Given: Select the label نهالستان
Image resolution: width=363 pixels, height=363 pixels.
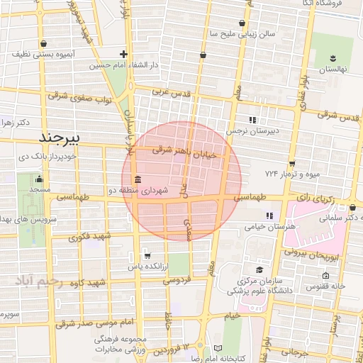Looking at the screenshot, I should click(x=333, y=70).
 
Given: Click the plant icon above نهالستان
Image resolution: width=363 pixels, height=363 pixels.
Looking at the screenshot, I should click(x=333, y=57).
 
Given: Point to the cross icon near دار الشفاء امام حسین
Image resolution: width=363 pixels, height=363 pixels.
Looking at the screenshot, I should click(x=123, y=53).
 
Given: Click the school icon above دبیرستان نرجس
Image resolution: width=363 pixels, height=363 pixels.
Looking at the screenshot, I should click(x=252, y=119).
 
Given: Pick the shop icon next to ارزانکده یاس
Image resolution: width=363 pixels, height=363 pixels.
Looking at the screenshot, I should click(x=147, y=255).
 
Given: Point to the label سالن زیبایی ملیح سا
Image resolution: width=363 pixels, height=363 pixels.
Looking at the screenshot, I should click(x=242, y=34).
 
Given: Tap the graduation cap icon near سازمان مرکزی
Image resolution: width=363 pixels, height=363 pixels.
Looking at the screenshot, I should click(x=259, y=270).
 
